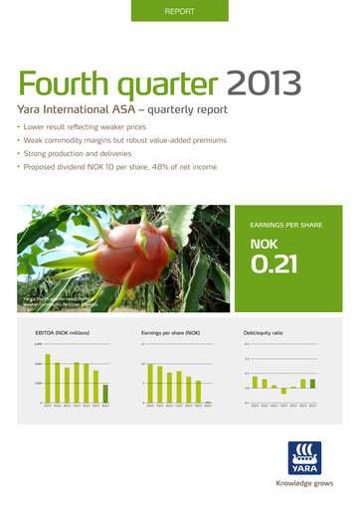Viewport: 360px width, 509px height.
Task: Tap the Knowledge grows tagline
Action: [x=302, y=488]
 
